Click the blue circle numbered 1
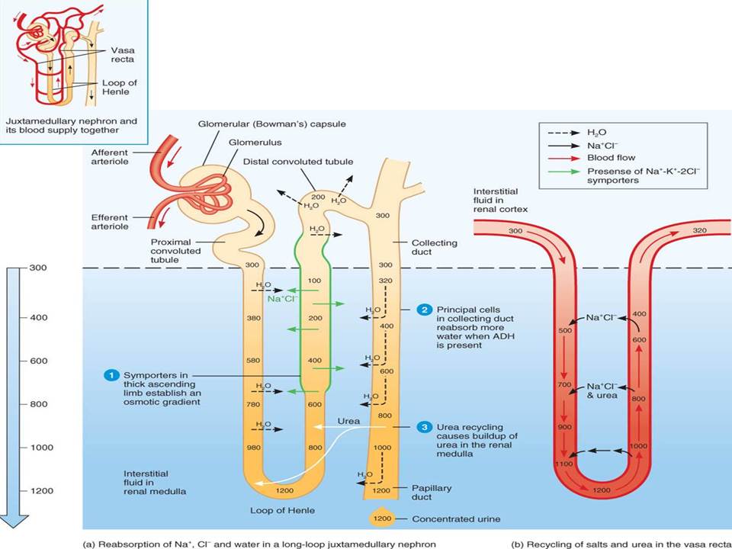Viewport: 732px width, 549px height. point(111,375)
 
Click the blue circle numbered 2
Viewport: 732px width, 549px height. point(424,310)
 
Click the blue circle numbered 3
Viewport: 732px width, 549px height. point(424,427)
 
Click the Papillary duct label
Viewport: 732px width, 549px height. point(432,493)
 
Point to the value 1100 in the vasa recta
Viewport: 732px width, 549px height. point(565,463)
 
